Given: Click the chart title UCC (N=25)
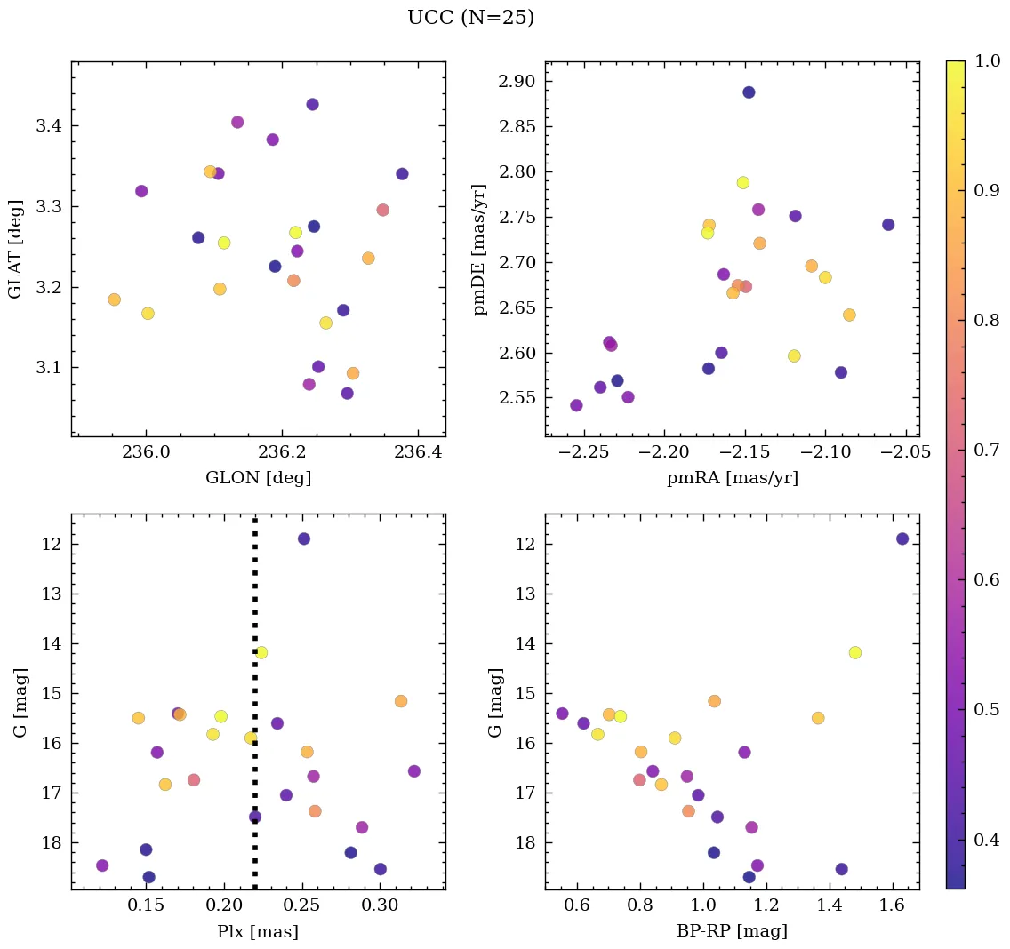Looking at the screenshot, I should coord(470,18).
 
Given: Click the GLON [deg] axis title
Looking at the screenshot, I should coord(258,478).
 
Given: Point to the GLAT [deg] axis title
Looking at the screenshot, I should coord(15,249).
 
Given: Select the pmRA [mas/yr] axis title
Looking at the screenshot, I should coord(732,478).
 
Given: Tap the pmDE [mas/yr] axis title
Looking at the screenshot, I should coord(480,249).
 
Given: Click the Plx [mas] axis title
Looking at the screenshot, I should coord(258,931).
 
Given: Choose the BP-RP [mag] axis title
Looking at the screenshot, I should coord(732,931).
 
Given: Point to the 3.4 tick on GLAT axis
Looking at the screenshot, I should coord(49,126).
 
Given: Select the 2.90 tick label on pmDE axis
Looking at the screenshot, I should coord(518,82).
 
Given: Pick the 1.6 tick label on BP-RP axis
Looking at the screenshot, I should coord(889,905).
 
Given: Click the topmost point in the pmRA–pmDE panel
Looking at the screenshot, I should coord(749,92).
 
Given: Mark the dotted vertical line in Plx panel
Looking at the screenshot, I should coord(255,702).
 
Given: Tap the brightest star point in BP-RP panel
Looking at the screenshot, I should coord(902,538).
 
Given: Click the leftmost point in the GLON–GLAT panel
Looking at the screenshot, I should coord(114,299).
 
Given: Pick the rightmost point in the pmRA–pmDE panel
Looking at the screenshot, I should coord(888,225).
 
